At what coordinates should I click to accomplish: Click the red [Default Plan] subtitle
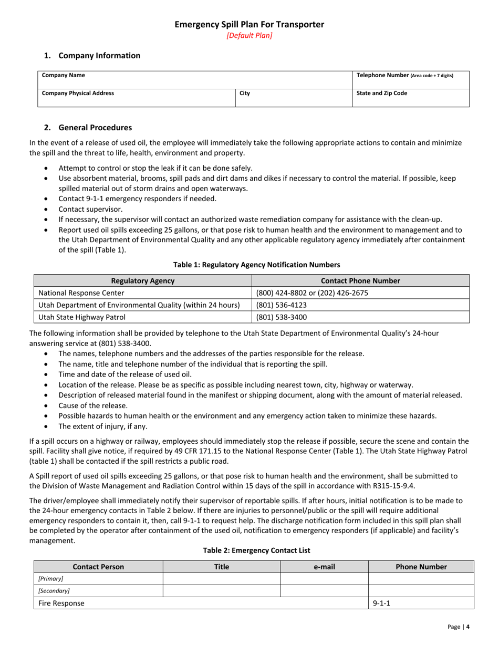(x=249, y=36)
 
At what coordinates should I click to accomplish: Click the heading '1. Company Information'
(x=92, y=56)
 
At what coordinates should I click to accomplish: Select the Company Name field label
(x=64, y=75)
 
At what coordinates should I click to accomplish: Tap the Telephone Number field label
(x=404, y=75)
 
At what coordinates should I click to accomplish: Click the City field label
(x=245, y=93)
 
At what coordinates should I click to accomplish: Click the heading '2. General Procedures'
(x=88, y=128)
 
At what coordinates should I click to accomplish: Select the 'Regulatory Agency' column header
(x=143, y=281)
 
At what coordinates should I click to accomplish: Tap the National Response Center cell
(x=82, y=293)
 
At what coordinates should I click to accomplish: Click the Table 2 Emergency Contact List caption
(x=256, y=550)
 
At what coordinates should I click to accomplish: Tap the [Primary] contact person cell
(x=50, y=578)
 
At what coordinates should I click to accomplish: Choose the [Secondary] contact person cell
(x=54, y=591)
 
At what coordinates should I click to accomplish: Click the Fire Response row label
(x=61, y=603)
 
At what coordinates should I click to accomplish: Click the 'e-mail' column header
(x=324, y=567)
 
